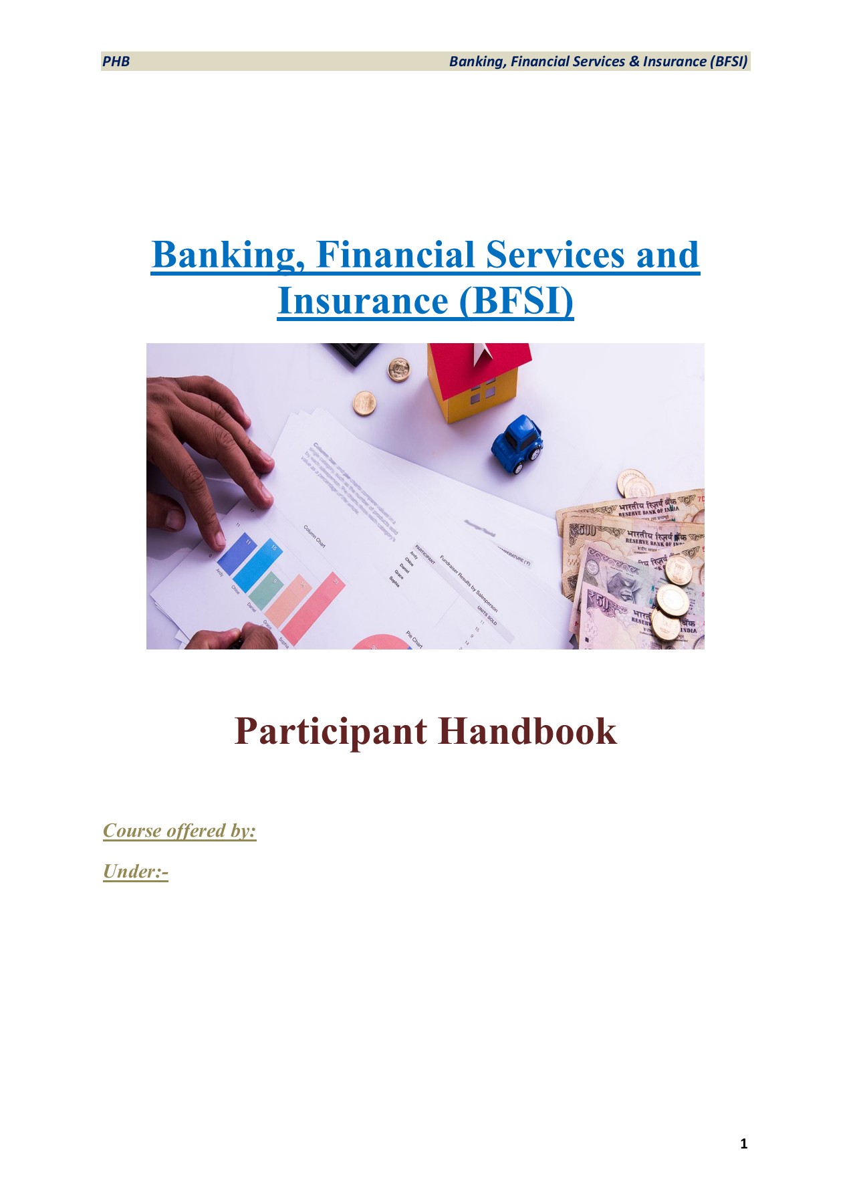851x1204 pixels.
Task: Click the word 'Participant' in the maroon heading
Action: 330,731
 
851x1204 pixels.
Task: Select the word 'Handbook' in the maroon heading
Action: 527,731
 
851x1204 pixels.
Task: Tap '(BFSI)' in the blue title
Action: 516,300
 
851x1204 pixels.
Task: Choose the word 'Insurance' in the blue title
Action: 362,300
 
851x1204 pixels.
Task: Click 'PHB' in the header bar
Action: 116,62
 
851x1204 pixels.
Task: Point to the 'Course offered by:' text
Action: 180,831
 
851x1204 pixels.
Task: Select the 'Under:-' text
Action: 136,872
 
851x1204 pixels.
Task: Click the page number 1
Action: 744,1144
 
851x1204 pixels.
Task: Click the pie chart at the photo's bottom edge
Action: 380,642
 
